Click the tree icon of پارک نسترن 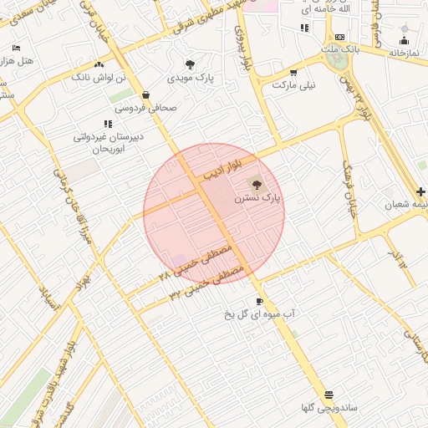coord(256,185)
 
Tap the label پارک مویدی coord(194,78)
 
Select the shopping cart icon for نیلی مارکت coord(273,84)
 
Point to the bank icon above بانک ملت coord(339,38)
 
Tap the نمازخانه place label coord(404,53)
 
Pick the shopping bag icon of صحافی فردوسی coord(146,94)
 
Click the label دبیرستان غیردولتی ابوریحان coord(106,141)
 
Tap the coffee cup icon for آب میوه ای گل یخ coord(259,301)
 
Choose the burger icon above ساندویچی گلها coord(329,395)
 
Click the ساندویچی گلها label coord(329,408)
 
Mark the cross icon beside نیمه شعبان coord(420,191)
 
